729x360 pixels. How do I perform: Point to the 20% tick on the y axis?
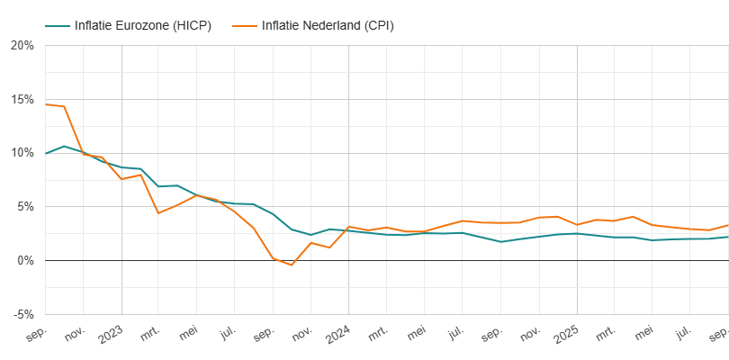tap(22, 45)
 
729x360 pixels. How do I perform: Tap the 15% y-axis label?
tap(22, 99)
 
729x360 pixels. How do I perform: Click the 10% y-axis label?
tap(22, 153)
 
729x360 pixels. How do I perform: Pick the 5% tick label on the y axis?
tap(25, 207)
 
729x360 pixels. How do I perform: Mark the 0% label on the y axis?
tap(25, 261)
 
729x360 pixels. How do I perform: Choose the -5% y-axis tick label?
tap(23, 314)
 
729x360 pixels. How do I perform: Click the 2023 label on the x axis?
tap(111, 334)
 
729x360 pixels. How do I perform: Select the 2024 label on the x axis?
tap(338, 334)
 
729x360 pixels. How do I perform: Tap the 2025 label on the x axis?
tap(566, 334)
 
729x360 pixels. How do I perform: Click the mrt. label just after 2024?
tap(379, 335)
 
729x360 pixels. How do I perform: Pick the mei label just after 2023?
tap(189, 335)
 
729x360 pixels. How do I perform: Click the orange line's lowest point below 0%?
tap(292, 265)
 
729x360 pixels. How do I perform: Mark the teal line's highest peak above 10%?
tap(64, 146)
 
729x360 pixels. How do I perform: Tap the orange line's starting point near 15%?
tap(46, 104)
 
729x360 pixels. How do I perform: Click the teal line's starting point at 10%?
tap(46, 153)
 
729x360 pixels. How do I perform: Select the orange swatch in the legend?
tap(245, 25)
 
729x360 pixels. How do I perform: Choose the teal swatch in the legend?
tap(57, 25)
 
